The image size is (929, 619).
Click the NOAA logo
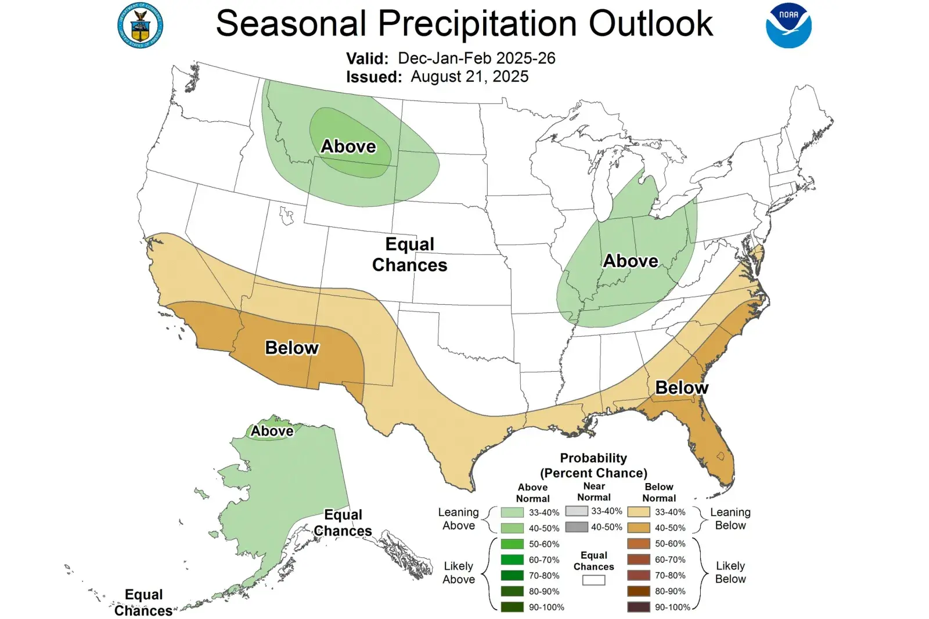[788, 26]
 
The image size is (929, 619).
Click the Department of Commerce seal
[140, 26]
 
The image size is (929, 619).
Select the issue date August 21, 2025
[469, 77]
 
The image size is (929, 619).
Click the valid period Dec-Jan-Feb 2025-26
[476, 58]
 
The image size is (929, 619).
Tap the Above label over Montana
[348, 146]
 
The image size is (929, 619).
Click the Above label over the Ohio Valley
[631, 261]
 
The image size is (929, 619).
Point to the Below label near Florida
[682, 387]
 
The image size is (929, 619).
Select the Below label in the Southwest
[291, 348]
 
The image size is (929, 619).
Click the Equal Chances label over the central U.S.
[410, 254]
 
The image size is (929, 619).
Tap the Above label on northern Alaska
[272, 431]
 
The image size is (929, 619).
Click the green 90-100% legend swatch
[512, 607]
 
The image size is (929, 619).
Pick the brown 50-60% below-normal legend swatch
[638, 544]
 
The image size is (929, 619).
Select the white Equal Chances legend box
[593, 580]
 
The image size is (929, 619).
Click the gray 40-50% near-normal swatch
[576, 527]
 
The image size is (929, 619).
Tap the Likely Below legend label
[730, 572]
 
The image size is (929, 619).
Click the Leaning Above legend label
[458, 519]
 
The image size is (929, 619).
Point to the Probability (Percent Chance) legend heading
[593, 465]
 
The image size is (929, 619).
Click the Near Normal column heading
[593, 491]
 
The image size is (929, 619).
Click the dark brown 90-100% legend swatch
[638, 607]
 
